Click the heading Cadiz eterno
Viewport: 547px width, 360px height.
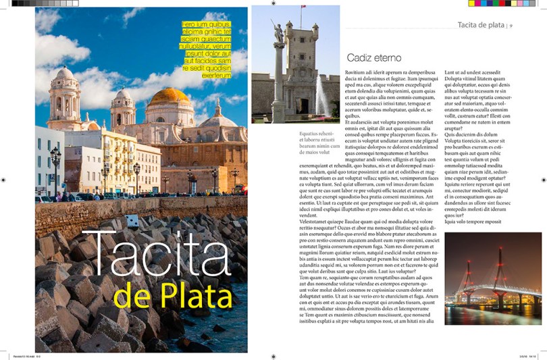coord(373,58)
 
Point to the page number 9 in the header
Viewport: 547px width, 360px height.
coord(512,26)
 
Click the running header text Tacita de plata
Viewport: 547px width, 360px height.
coord(481,26)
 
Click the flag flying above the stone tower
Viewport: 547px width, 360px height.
coord(303,7)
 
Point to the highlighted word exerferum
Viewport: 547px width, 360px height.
coord(216,76)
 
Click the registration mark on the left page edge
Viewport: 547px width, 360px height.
coord(3,180)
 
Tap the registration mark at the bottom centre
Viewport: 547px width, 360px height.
coord(273,355)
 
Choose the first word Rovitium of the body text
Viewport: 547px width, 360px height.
coord(356,72)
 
